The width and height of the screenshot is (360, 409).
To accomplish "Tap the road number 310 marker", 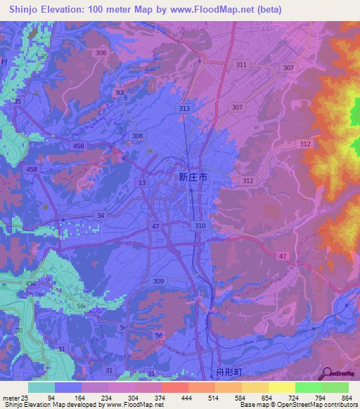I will (x=200, y=226).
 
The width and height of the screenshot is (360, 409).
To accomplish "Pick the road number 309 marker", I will (x=159, y=280).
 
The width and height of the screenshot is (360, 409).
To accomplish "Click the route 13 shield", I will (x=143, y=183).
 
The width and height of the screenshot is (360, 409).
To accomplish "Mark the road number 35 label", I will (x=18, y=102).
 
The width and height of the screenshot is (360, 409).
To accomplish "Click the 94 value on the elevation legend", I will (x=49, y=397).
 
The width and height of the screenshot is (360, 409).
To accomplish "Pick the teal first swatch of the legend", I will (x=41, y=387).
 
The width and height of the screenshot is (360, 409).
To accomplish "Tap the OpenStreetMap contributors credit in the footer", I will (x=317, y=405).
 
